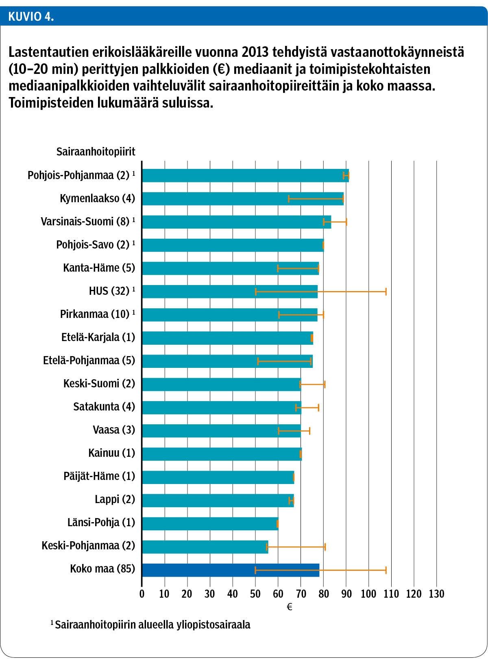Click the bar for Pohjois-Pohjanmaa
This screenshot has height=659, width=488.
(x=244, y=175)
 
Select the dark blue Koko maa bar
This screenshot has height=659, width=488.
(x=230, y=570)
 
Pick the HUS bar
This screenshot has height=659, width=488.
(x=229, y=291)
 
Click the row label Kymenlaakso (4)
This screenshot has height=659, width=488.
(x=97, y=199)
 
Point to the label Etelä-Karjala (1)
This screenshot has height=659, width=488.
(x=98, y=337)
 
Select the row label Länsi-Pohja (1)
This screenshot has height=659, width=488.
(x=101, y=523)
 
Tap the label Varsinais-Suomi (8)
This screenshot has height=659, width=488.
(x=85, y=222)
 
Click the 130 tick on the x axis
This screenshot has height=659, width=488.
(x=436, y=594)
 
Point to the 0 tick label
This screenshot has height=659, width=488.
(x=142, y=594)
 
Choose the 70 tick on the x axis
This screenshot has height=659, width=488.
(x=301, y=594)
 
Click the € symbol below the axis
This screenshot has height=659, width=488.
(x=290, y=607)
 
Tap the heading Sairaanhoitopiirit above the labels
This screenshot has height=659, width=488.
(x=96, y=151)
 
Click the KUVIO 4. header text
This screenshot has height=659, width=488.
(x=31, y=17)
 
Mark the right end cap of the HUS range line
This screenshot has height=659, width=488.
(x=386, y=291)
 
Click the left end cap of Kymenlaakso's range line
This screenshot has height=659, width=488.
(x=288, y=199)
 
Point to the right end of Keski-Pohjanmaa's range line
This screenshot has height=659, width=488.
(x=325, y=547)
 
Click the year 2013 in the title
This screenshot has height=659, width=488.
(x=255, y=52)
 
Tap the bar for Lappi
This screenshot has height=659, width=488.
(x=218, y=500)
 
